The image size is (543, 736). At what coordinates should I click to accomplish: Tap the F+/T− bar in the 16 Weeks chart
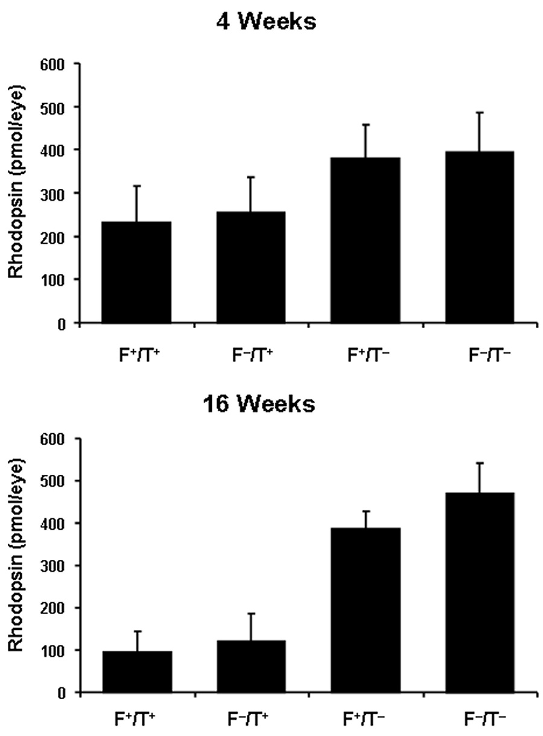coord(365,610)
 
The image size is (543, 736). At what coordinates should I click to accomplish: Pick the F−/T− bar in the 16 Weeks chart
coord(480,592)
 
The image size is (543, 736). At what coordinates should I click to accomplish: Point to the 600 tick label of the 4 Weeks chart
coord(54,63)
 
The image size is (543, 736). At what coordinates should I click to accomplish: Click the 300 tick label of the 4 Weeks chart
coord(54,193)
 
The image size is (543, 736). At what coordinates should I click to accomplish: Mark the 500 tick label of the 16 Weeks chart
coord(54,481)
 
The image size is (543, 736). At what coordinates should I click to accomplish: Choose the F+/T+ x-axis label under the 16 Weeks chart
coord(137,721)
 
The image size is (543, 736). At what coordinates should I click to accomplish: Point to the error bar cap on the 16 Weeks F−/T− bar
coord(480,463)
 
